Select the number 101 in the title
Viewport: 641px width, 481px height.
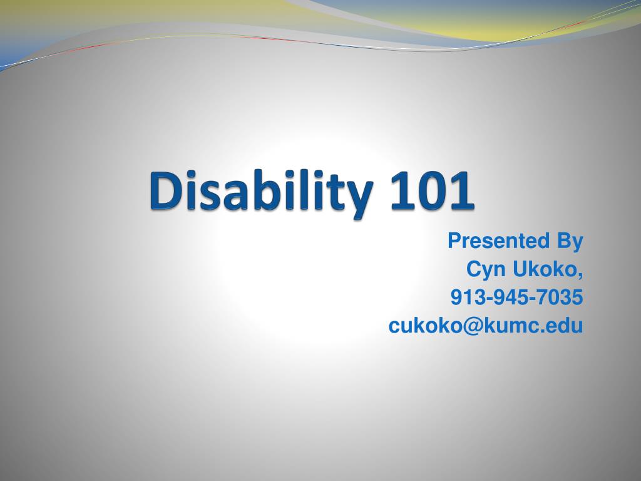(x=432, y=191)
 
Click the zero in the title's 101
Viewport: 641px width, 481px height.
(x=432, y=191)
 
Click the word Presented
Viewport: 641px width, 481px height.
(x=498, y=240)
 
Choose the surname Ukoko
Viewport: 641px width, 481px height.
(x=545, y=269)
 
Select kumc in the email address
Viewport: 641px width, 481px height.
(x=512, y=325)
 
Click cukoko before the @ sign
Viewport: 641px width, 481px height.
(x=425, y=325)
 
